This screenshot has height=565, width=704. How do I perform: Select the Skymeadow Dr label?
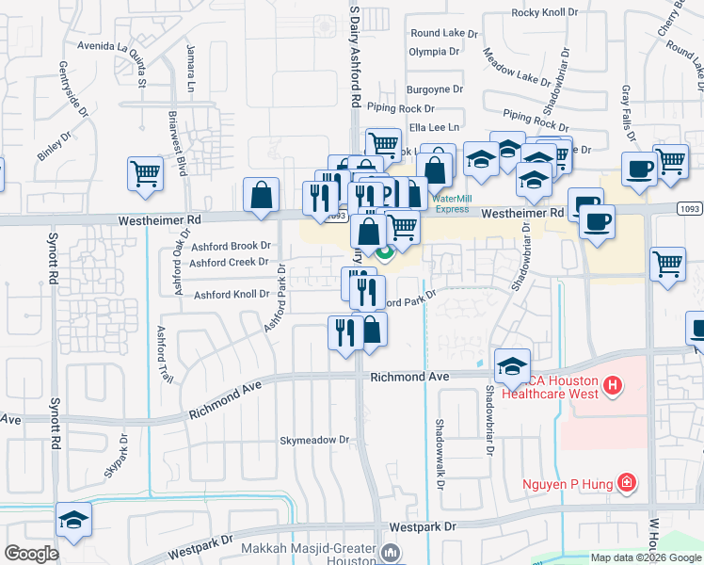(314, 440)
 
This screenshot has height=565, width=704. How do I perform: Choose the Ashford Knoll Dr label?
(232, 295)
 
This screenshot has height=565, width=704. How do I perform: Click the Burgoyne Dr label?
(435, 89)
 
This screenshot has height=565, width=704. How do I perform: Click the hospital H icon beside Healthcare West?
(613, 385)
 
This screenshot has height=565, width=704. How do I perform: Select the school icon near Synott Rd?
(72, 521)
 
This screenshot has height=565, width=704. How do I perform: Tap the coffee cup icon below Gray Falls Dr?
(640, 169)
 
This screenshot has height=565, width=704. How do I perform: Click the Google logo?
(32, 553)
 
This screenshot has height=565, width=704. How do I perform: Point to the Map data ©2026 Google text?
(644, 557)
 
